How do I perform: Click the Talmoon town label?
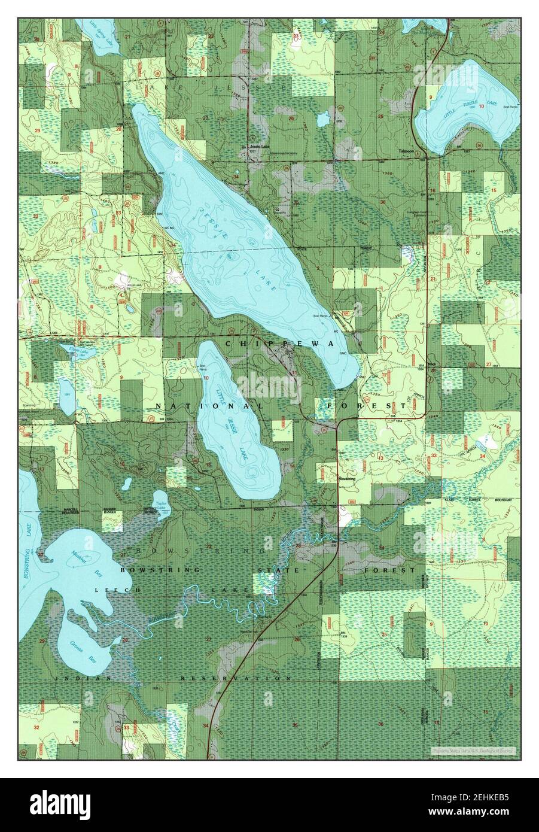click(407, 151)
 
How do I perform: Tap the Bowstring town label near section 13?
click(347, 479)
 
